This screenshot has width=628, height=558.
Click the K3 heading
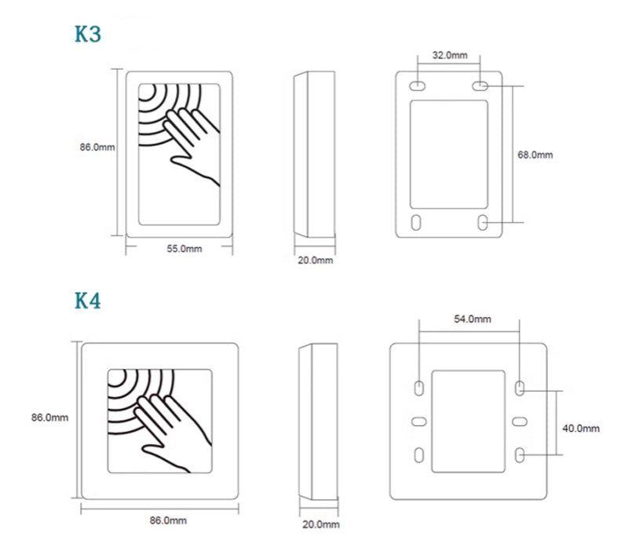(x=88, y=35)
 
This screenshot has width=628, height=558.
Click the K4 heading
(x=88, y=301)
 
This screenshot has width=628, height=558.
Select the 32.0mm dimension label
(x=450, y=55)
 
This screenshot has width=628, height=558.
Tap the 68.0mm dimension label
(x=535, y=155)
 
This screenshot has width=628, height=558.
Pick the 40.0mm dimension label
(x=581, y=428)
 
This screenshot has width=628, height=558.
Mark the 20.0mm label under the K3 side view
(x=315, y=260)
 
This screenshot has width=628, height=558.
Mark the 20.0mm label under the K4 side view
(x=320, y=523)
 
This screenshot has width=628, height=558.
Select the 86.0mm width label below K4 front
(x=168, y=520)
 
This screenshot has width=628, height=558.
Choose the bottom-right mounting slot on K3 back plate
(x=482, y=222)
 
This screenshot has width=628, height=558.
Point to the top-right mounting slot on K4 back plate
(x=520, y=388)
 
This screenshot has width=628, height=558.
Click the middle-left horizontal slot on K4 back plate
(x=419, y=421)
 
